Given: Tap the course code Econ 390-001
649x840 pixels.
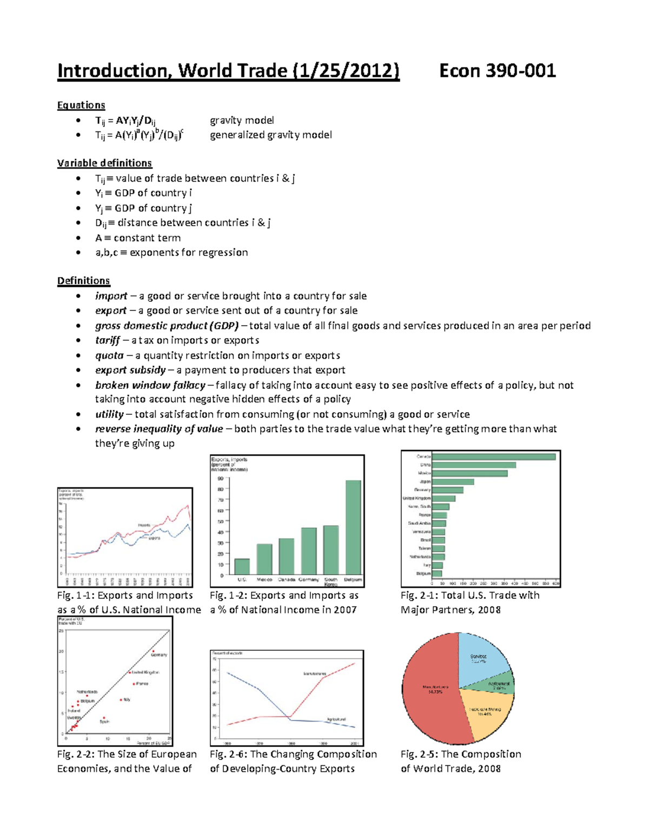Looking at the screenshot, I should [497, 71].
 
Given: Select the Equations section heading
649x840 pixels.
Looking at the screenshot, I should [81, 105].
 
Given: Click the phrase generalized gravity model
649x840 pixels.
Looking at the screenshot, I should [270, 135].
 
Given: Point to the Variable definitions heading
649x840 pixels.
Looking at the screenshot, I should [104, 163].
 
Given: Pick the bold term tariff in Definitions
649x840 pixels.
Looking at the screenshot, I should [107, 340].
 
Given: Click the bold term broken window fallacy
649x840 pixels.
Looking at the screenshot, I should [150, 385].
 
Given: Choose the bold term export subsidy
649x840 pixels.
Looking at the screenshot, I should [130, 370].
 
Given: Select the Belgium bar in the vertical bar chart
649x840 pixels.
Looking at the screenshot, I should [353, 527].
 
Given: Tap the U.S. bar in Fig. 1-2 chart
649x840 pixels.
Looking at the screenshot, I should [242, 566].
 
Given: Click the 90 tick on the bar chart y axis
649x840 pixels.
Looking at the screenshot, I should [220, 479].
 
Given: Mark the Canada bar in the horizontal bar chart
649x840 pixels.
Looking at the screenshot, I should [494, 457].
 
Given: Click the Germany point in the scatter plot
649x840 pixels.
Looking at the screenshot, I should [153, 651].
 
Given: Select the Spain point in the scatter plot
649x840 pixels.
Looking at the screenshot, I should [104, 718].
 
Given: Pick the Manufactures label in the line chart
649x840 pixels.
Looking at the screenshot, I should [315, 674].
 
